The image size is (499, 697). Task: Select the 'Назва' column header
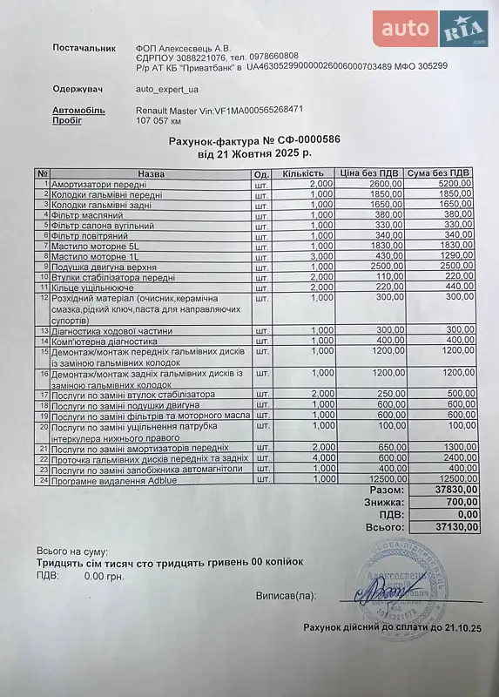point(150,173)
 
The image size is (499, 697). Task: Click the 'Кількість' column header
point(303,173)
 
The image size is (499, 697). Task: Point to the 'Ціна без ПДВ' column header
point(370,173)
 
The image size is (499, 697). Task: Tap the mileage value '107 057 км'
point(162,121)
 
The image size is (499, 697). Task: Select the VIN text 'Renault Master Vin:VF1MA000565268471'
point(219,110)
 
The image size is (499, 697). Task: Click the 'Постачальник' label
point(84,47)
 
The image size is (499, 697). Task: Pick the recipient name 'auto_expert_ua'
point(167,89)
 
